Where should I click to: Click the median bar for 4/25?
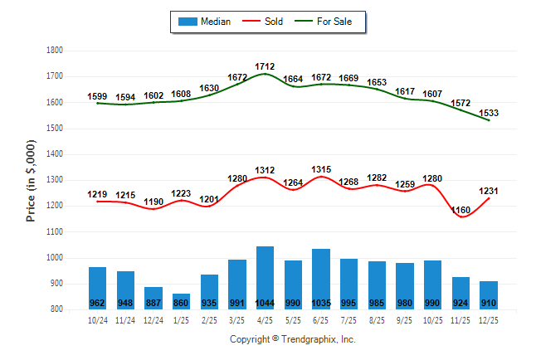(x=265, y=278)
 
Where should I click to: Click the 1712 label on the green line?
(x=266, y=66)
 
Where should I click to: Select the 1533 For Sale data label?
(x=489, y=113)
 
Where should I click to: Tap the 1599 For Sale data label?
(x=97, y=96)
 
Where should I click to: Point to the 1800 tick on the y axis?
(x=55, y=51)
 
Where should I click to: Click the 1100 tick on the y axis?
(x=55, y=232)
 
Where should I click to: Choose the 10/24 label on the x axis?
(x=97, y=319)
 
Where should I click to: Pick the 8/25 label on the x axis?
(x=377, y=319)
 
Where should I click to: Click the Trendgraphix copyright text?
(x=292, y=339)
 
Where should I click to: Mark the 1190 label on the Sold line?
(x=153, y=202)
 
